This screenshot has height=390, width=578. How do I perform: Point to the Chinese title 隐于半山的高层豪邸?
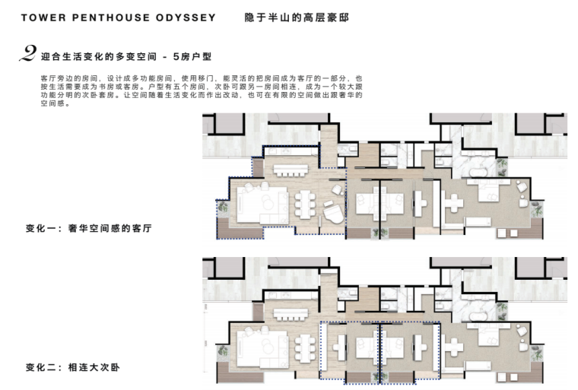click(x=297, y=17)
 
